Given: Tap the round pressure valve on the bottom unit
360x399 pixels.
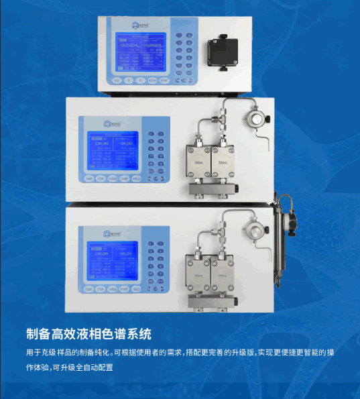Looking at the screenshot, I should click(253, 228).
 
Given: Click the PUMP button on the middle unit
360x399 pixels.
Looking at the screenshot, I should click(88, 180).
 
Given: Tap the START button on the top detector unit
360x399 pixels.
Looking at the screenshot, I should click(165, 81).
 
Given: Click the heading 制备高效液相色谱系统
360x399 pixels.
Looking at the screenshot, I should click(88, 333).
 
